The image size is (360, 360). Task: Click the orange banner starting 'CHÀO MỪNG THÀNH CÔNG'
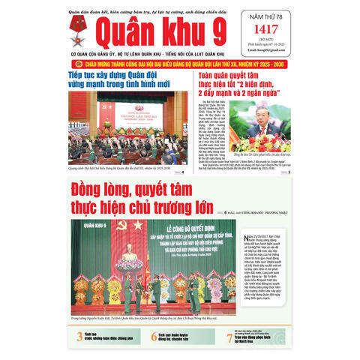[x=179, y=65]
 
